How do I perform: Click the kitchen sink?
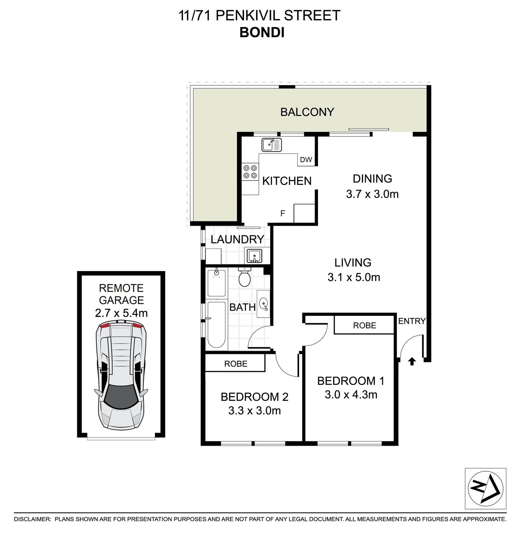point(271,145)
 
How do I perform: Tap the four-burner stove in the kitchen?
point(250,172)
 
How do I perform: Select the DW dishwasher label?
point(306,160)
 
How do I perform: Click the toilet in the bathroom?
point(244,276)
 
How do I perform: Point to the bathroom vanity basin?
point(264,304)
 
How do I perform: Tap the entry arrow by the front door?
point(412,361)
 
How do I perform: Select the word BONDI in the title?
point(262,33)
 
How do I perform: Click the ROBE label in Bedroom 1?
point(365,325)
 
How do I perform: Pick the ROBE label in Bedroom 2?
point(236,363)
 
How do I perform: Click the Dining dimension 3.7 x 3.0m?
point(372,194)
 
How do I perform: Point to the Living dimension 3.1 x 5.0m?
point(354,278)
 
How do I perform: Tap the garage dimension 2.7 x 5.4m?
point(121,313)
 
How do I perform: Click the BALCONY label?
point(307,112)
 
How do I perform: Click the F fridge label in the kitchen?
point(283,214)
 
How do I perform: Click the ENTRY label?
point(412,321)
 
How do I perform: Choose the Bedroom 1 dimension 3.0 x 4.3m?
point(351,395)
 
